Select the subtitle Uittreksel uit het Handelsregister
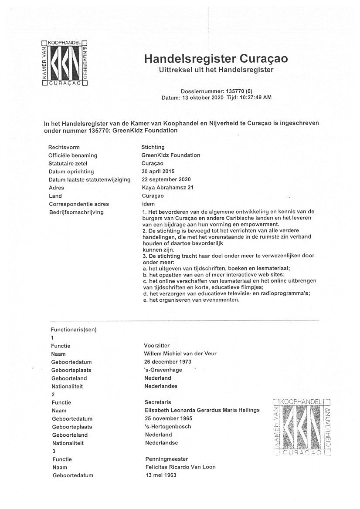[216, 70]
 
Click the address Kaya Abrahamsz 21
[167, 188]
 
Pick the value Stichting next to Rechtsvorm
[153, 147]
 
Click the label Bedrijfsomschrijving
[76, 212]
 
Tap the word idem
[149, 204]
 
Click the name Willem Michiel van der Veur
[180, 354]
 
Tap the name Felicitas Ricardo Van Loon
[180, 467]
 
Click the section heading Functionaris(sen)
[74, 330]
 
